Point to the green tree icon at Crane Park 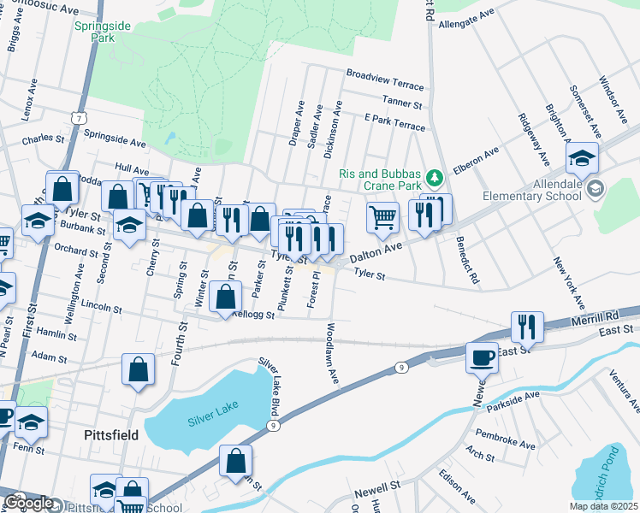(x=435, y=177)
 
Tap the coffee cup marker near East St (x=482, y=357)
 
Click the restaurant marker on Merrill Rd (x=527, y=326)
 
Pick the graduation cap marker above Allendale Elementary (x=582, y=157)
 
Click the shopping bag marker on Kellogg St (x=225, y=298)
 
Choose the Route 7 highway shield (x=79, y=116)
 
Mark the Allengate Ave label (x=467, y=20)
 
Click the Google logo (x=28, y=503)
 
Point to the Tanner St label (x=405, y=103)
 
